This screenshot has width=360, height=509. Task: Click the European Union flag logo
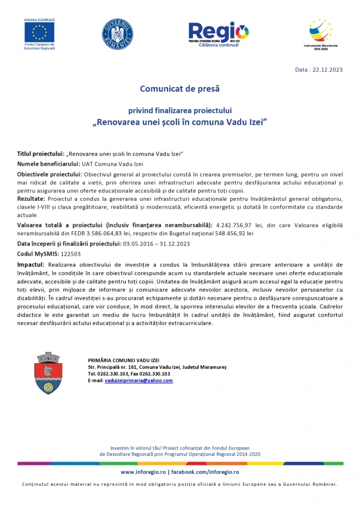pyautogui.click(x=40, y=32)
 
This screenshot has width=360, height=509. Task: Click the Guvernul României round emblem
pyautogui.click(x=117, y=33)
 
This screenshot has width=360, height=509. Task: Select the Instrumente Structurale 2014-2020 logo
pyautogui.click(x=320, y=32)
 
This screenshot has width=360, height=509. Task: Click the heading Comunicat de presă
pyautogui.click(x=179, y=89)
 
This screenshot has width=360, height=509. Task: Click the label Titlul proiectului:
pyautogui.click(x=41, y=154)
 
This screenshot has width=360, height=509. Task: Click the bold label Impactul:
pyautogui.click(x=31, y=265)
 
